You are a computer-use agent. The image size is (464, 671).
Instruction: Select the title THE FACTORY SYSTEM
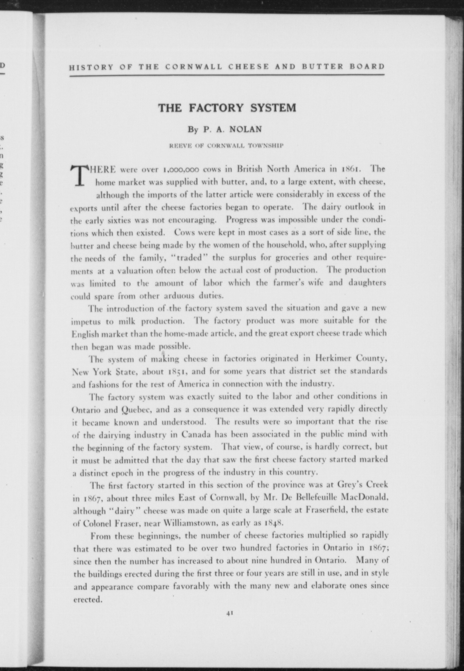pyautogui.click(x=227, y=108)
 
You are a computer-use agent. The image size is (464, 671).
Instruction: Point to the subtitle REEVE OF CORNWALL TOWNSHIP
pyautogui.click(x=227, y=145)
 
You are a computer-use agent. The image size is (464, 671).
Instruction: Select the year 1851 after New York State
pyautogui.click(x=175, y=371)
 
